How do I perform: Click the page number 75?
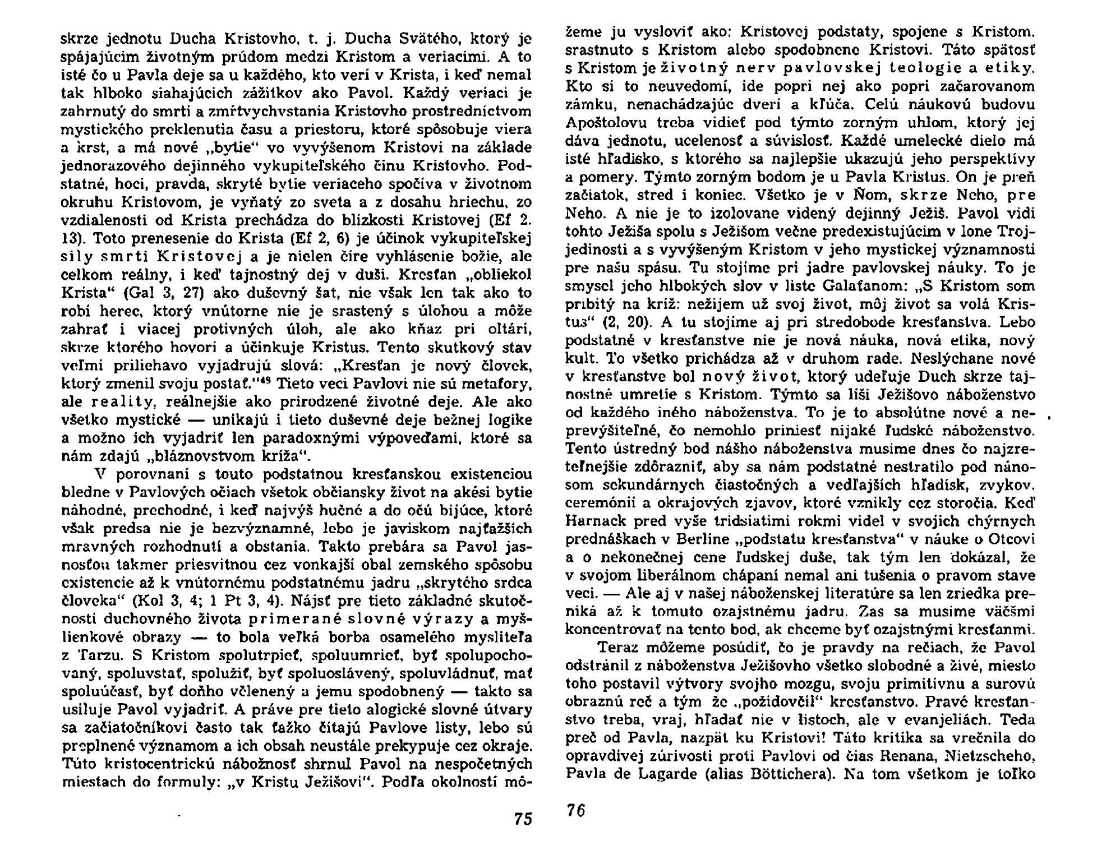[522, 818]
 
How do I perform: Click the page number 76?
[575, 810]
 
